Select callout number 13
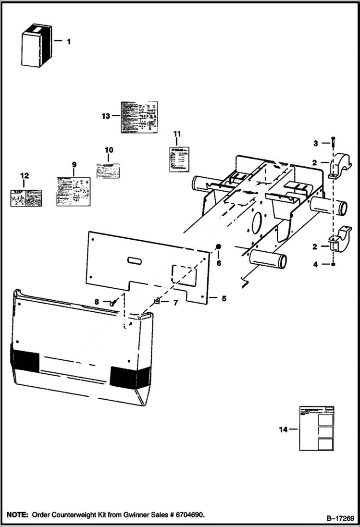[106, 116]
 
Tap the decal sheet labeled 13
[138, 117]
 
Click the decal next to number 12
[25, 198]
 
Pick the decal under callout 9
[74, 191]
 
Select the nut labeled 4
[332, 264]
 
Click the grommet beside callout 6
[218, 247]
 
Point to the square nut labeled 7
[157, 301]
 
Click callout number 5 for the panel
[223, 298]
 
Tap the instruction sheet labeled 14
[316, 428]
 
